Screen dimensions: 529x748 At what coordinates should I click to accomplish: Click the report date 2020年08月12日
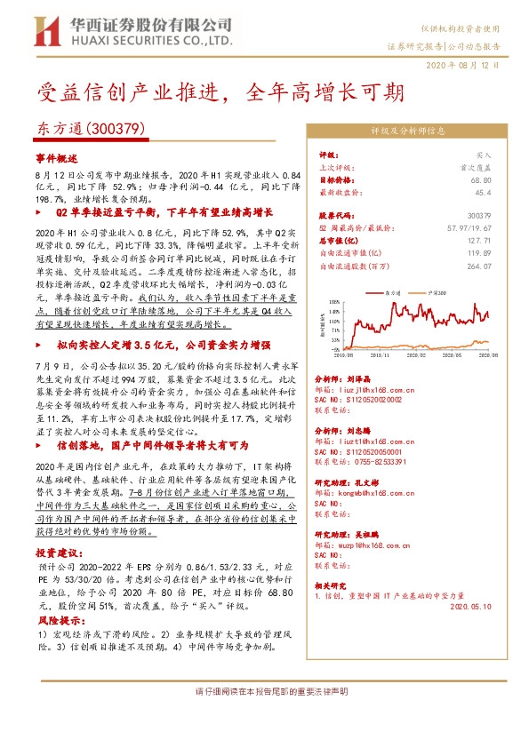469,66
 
